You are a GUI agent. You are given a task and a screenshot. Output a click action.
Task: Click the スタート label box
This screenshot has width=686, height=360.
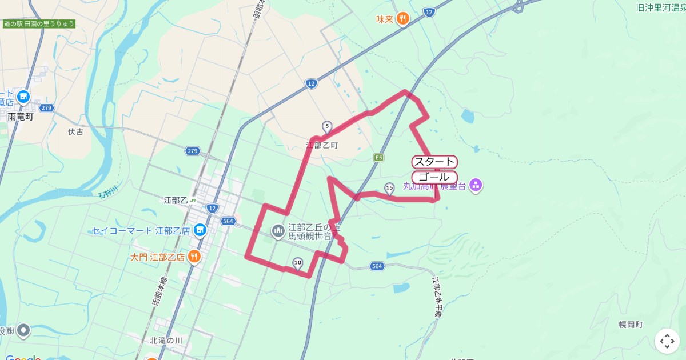click(434, 162)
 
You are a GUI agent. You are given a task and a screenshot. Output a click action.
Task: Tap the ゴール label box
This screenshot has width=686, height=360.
click(434, 177)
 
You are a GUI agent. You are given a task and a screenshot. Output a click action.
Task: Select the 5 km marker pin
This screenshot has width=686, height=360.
click(326, 126)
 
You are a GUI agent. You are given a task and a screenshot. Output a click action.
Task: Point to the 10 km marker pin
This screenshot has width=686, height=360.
click(297, 263)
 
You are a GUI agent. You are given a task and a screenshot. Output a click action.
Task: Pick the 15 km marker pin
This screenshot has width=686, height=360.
click(389, 188)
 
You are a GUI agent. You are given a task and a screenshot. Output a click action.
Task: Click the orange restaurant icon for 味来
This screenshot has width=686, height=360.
click(403, 19)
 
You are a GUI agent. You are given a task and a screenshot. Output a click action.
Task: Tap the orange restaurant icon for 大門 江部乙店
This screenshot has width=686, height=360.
click(194, 257)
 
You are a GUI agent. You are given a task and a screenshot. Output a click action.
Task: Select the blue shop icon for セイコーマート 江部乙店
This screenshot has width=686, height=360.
click(199, 231)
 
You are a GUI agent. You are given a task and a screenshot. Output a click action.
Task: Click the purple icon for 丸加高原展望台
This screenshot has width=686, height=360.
click(476, 185)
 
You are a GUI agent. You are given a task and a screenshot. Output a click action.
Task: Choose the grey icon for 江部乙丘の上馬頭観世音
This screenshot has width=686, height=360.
click(278, 231)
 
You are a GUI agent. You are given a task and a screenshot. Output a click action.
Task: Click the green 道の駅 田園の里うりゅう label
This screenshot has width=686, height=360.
click(39, 24)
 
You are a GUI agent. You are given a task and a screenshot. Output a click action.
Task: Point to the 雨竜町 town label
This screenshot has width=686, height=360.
click(21, 117)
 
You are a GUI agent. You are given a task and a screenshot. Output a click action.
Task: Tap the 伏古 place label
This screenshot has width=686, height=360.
click(75, 132)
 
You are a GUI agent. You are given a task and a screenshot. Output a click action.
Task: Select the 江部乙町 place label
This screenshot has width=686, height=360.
click(322, 145)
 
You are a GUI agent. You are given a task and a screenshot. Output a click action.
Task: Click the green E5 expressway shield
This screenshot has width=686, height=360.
click(378, 157)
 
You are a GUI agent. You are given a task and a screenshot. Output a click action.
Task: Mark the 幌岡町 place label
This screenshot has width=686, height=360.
click(631, 325)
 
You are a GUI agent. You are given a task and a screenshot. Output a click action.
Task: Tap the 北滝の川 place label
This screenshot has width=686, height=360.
click(166, 341)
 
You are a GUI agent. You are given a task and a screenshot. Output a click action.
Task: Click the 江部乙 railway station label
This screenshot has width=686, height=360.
click(176, 200)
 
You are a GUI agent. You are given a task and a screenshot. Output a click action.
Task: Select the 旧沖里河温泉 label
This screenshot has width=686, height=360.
click(661, 8)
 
